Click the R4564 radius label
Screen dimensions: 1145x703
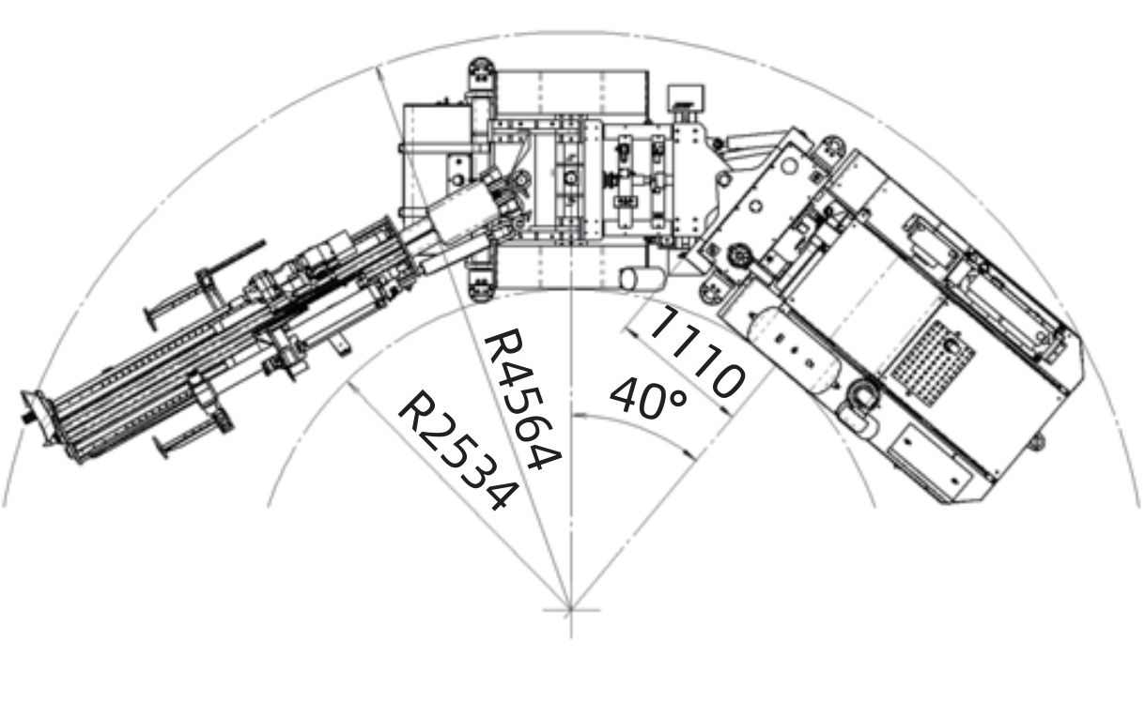pyautogui.click(x=522, y=399)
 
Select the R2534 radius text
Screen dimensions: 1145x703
pyautogui.click(x=458, y=451)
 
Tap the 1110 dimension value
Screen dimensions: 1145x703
pyautogui.click(x=696, y=352)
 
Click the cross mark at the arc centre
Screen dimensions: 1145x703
pyautogui.click(x=570, y=609)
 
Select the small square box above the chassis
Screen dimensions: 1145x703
pyautogui.click(x=685, y=99)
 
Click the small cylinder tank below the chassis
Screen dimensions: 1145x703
pyautogui.click(x=642, y=279)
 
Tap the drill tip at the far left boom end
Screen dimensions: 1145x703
pyautogui.click(x=25, y=419)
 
